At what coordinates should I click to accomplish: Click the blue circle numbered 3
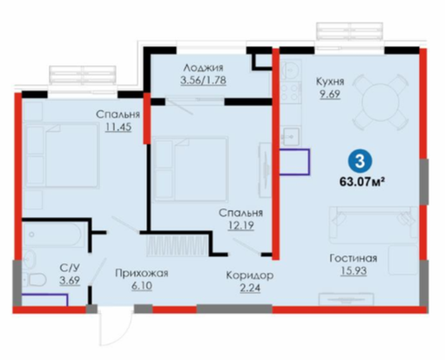coord(360,161)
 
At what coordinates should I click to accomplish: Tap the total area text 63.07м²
coord(362,182)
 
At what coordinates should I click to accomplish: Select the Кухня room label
coord(330,82)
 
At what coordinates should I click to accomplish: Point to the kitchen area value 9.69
coord(330,94)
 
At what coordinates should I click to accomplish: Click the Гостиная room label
coord(354,258)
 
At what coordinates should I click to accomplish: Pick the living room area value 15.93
coord(354,271)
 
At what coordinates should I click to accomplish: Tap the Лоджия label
coord(203,68)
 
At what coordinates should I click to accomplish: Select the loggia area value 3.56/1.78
coord(203,80)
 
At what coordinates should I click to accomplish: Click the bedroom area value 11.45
coord(118,127)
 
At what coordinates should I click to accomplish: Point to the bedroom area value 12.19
coord(241,226)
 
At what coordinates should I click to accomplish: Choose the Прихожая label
coord(142,274)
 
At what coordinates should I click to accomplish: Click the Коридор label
coord(250,275)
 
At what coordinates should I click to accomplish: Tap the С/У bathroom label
coord(70,268)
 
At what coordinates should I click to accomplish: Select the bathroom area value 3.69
coord(70,281)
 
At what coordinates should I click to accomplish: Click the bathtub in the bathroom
coord(51,234)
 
